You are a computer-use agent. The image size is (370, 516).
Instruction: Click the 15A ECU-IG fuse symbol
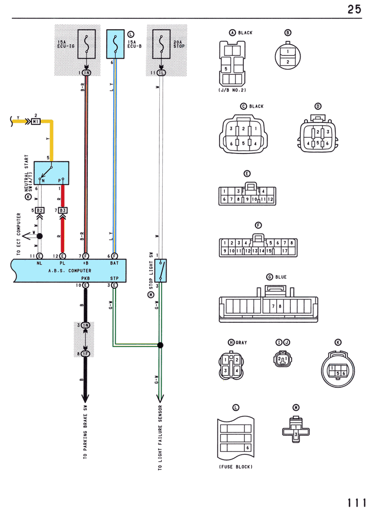[86, 44]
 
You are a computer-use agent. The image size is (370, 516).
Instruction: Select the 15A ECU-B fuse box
[115, 44]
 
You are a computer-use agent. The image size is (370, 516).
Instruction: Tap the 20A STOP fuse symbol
[161, 44]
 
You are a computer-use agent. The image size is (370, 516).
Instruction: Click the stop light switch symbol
[160, 270]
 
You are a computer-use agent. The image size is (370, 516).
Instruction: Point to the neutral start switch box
[51, 173]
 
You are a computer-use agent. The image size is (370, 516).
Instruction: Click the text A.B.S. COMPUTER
[70, 270]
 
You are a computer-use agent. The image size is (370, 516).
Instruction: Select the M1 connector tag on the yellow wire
[35, 121]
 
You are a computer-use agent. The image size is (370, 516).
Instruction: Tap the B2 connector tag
[39, 210]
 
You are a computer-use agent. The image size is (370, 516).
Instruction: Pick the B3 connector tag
[63, 210]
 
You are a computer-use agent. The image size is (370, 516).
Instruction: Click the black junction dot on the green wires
[160, 345]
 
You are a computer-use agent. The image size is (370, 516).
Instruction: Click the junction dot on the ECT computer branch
[39, 236]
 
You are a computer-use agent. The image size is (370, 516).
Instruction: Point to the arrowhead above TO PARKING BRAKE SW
[85, 398]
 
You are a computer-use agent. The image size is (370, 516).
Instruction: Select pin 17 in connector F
[285, 251]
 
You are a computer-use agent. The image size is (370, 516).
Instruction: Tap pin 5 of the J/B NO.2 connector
[226, 69]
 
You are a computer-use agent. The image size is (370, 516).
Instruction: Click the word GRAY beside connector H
[241, 343]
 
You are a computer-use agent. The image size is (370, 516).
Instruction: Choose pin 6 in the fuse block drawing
[248, 448]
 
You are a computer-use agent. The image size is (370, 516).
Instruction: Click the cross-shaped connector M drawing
[296, 430]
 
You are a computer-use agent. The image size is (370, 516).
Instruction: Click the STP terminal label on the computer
[114, 279]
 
